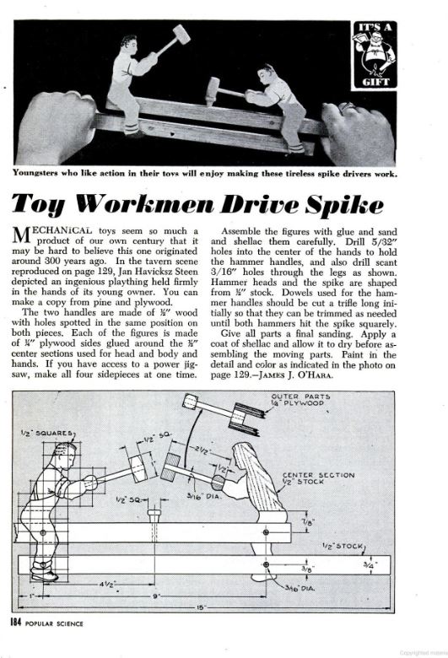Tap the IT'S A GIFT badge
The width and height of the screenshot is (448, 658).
tap(374, 55)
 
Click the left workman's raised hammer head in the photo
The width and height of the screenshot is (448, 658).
tap(181, 34)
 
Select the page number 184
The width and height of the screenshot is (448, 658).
tap(16, 623)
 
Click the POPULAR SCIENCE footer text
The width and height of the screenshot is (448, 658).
tap(54, 623)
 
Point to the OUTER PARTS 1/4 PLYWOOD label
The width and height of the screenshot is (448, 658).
tap(300, 400)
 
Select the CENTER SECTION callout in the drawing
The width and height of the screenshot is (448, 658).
tap(318, 478)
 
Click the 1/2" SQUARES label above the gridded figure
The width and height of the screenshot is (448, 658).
tap(47, 433)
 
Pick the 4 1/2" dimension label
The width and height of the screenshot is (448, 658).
tap(107, 583)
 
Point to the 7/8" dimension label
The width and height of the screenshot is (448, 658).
tap(308, 522)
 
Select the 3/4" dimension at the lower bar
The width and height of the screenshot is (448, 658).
tap(369, 565)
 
